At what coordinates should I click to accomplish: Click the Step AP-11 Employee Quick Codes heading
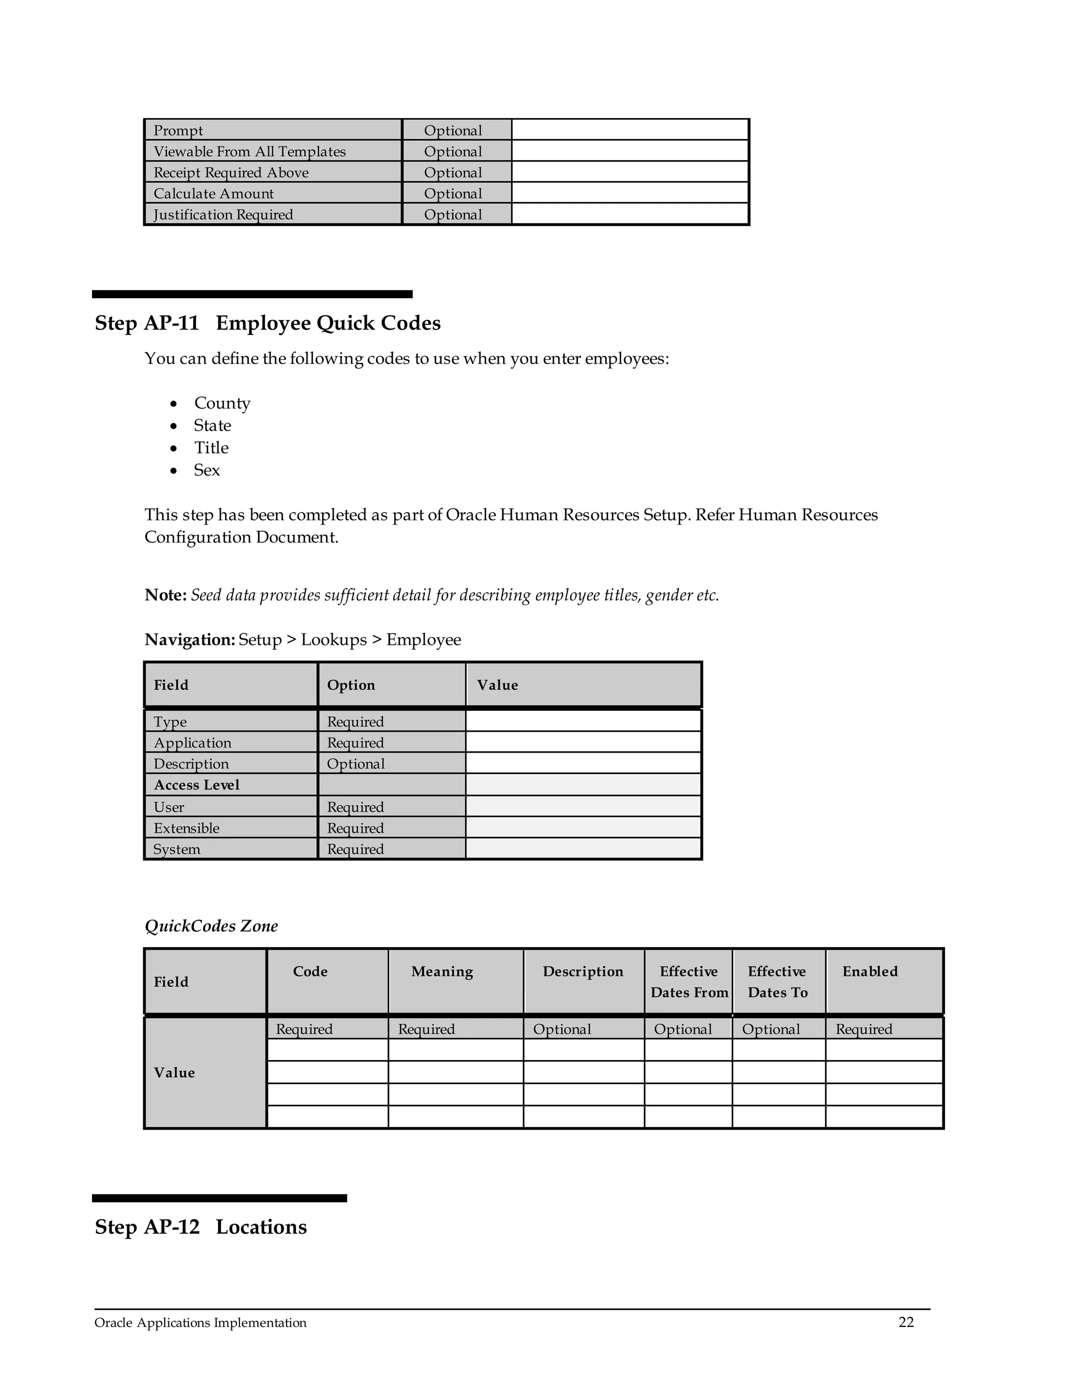coord(267,323)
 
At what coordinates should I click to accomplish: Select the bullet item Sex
coord(207,470)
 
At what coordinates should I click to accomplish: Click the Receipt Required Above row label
coord(231,173)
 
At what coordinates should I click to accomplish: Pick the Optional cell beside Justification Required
coord(453,214)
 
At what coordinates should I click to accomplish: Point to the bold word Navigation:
coord(190,640)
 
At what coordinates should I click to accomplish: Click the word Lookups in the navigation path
coord(334,640)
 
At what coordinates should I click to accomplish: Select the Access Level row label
coord(197,785)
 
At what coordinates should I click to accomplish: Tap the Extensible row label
coord(187,828)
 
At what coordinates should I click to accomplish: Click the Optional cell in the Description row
coord(356,764)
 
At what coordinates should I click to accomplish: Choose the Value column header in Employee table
coord(497,685)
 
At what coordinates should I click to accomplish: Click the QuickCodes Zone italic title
coord(211,926)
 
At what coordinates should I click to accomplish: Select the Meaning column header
coord(442,972)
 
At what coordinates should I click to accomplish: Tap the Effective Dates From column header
coord(689,982)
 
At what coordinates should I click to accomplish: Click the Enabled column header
coord(870,972)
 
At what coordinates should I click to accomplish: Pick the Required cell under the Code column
coord(304,1029)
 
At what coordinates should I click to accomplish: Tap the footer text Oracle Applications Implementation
coord(200,1323)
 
